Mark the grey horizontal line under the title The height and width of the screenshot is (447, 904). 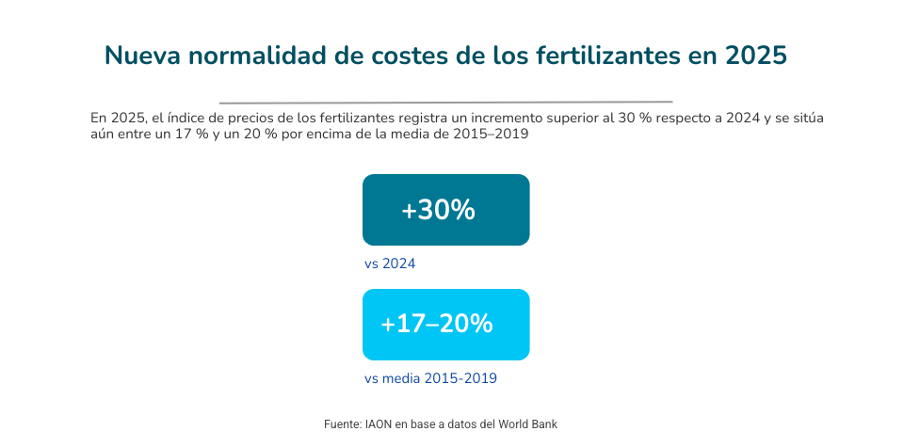445,102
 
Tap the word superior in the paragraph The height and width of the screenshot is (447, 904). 566,120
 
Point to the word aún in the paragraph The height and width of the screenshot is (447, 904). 101,135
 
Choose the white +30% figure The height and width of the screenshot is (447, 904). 438,211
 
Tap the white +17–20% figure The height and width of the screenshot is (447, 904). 436,325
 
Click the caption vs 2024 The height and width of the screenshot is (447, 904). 390,263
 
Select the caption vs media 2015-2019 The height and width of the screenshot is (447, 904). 430,378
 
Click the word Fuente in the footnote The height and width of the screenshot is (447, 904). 343,424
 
